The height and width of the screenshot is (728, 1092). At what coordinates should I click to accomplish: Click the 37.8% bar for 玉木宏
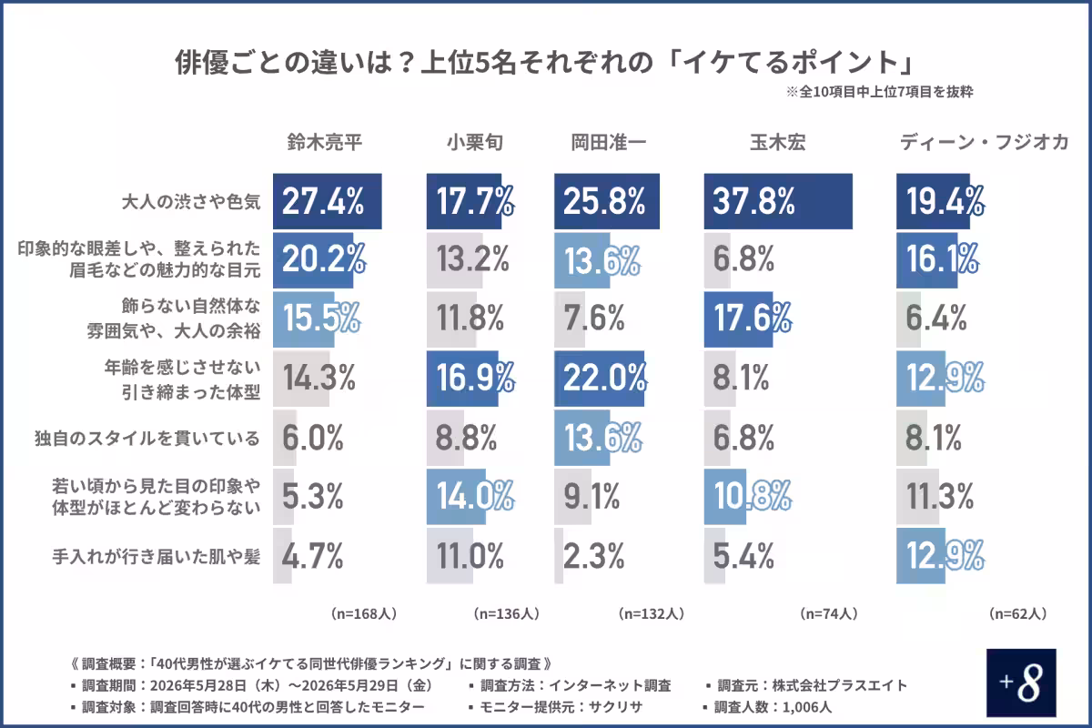(778, 201)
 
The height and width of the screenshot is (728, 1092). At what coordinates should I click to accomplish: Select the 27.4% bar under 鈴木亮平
(327, 201)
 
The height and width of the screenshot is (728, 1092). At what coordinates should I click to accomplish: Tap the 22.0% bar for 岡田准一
(599, 379)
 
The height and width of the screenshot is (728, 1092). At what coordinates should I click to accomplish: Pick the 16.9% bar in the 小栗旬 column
(462, 379)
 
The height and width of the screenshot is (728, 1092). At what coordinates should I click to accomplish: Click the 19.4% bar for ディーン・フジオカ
(933, 201)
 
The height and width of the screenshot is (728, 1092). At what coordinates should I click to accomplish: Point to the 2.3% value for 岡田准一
(593, 556)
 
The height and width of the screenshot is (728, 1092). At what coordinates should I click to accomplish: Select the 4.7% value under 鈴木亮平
(312, 556)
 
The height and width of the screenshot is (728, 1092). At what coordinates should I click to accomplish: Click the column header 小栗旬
(475, 142)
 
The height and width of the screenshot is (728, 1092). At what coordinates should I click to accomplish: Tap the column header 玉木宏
(777, 142)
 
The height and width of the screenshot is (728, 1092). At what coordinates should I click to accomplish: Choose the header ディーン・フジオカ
(984, 142)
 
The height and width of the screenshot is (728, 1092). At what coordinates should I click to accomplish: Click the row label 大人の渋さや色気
(191, 201)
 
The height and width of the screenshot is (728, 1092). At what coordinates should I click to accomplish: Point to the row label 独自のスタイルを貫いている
(147, 438)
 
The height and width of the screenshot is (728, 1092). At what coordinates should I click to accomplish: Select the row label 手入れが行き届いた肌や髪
(156, 556)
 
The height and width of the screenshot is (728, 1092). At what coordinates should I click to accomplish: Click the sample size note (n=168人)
(364, 613)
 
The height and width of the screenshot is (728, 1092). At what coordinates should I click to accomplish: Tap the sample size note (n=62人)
(1018, 613)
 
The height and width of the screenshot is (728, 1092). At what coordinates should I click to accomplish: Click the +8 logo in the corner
(1021, 682)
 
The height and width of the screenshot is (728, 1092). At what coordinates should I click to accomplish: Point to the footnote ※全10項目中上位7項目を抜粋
(879, 92)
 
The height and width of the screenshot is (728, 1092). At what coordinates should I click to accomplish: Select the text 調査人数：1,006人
(773, 706)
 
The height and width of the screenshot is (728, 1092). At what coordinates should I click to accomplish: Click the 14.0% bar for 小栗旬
(456, 497)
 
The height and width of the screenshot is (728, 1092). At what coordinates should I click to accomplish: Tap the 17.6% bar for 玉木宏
(738, 319)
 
